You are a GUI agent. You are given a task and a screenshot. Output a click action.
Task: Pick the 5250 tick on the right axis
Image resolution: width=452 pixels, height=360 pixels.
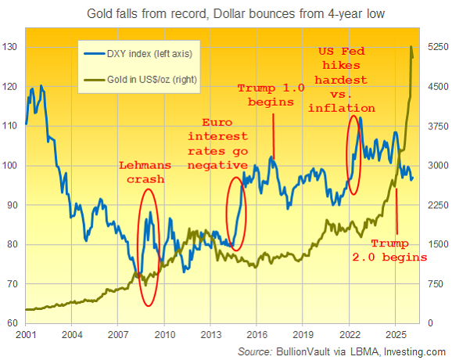[x=436, y=48]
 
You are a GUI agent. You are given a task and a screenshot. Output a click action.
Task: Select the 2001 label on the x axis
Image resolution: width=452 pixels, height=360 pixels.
[x=25, y=334]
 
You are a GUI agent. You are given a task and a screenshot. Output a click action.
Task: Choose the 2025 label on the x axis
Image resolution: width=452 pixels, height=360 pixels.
[x=396, y=334]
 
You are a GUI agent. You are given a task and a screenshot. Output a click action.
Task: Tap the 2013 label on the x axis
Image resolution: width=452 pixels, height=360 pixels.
[x=210, y=334]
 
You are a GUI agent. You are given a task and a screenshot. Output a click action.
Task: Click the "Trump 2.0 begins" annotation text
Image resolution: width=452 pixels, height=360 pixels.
[x=399, y=250]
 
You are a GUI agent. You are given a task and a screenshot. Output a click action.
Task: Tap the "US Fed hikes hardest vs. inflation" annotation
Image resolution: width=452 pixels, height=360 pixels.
[x=346, y=79]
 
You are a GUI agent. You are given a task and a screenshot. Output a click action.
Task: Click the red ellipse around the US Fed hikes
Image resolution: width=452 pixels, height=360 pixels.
[x=353, y=155]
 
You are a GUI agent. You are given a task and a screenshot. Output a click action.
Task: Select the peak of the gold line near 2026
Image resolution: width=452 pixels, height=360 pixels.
[x=412, y=47]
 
